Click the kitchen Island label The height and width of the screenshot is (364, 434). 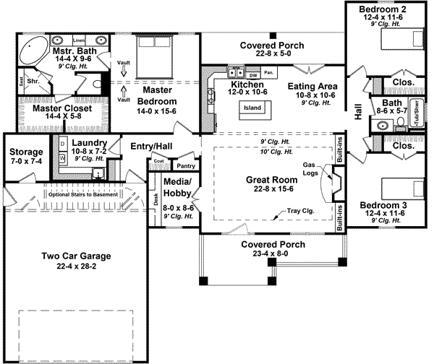[252, 108]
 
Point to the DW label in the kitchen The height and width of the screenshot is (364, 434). [253, 74]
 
